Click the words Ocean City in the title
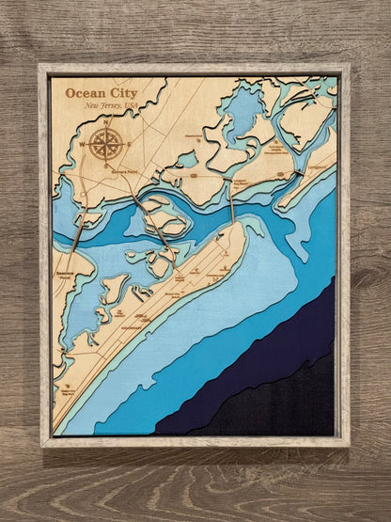point(100,92)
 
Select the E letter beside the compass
point(127,143)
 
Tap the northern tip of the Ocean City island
point(252,224)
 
